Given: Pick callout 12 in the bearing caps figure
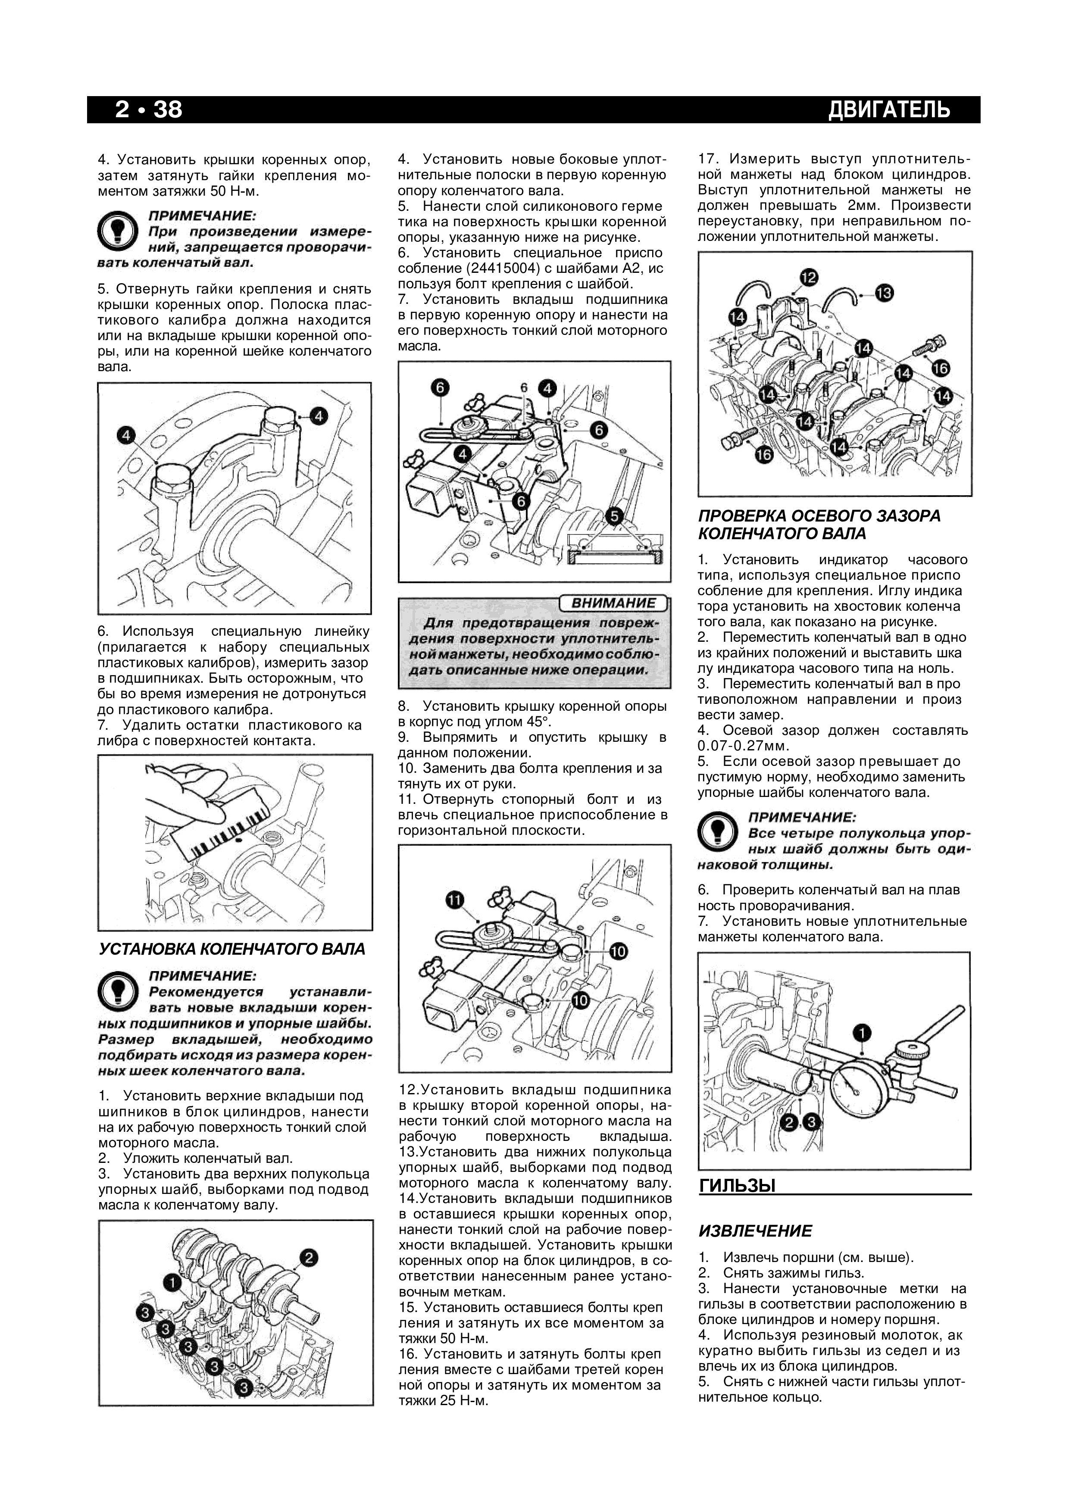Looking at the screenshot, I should (810, 277).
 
